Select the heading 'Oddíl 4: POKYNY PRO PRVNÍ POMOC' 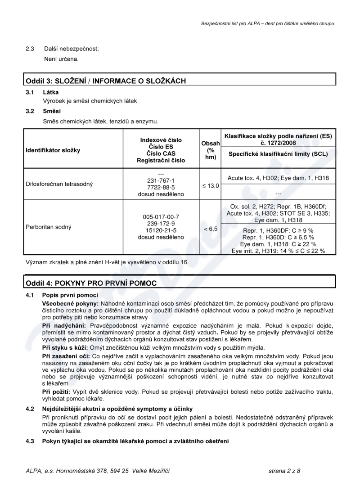tap(91, 283)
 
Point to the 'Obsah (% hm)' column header tap(210, 150)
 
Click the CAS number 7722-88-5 tap(161, 187)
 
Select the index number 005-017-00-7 tap(161, 216)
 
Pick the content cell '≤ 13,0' tap(210, 186)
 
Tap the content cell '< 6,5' tap(210, 229)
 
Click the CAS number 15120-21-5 tap(161, 230)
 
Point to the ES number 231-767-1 tap(161, 180)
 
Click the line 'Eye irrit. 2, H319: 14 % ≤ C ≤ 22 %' tap(278, 251)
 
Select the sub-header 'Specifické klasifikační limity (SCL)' tap(278, 153)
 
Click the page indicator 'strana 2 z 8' tap(283, 471)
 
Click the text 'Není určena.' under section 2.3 tap(61, 59)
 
